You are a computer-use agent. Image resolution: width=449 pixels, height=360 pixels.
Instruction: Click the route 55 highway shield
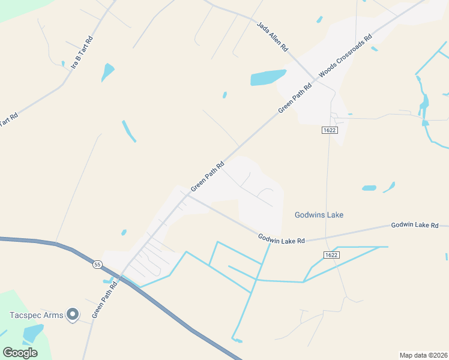pyautogui.click(x=97, y=264)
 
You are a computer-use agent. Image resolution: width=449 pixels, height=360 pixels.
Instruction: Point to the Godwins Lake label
pyautogui.click(x=319, y=215)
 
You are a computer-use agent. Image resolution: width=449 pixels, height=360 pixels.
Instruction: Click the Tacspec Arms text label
pyautogui.click(x=37, y=315)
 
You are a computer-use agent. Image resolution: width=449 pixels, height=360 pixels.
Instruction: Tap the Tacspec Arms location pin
pyautogui.click(x=73, y=314)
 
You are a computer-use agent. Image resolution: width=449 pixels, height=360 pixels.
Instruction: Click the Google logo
pyautogui.click(x=20, y=352)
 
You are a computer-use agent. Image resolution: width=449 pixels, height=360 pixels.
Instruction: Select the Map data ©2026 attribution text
pyautogui.click(x=423, y=355)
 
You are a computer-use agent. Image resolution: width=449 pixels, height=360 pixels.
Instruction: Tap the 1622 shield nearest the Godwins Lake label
pyautogui.click(x=330, y=255)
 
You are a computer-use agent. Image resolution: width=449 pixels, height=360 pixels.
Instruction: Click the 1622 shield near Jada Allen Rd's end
pyautogui.click(x=329, y=130)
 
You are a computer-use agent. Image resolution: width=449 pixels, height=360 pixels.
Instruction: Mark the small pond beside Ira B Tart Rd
pyautogui.click(x=107, y=71)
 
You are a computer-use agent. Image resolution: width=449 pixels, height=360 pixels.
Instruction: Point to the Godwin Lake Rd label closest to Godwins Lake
pyautogui.click(x=282, y=238)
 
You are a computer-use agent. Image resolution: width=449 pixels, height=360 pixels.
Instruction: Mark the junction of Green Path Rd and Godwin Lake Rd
pyautogui.click(x=185, y=197)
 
